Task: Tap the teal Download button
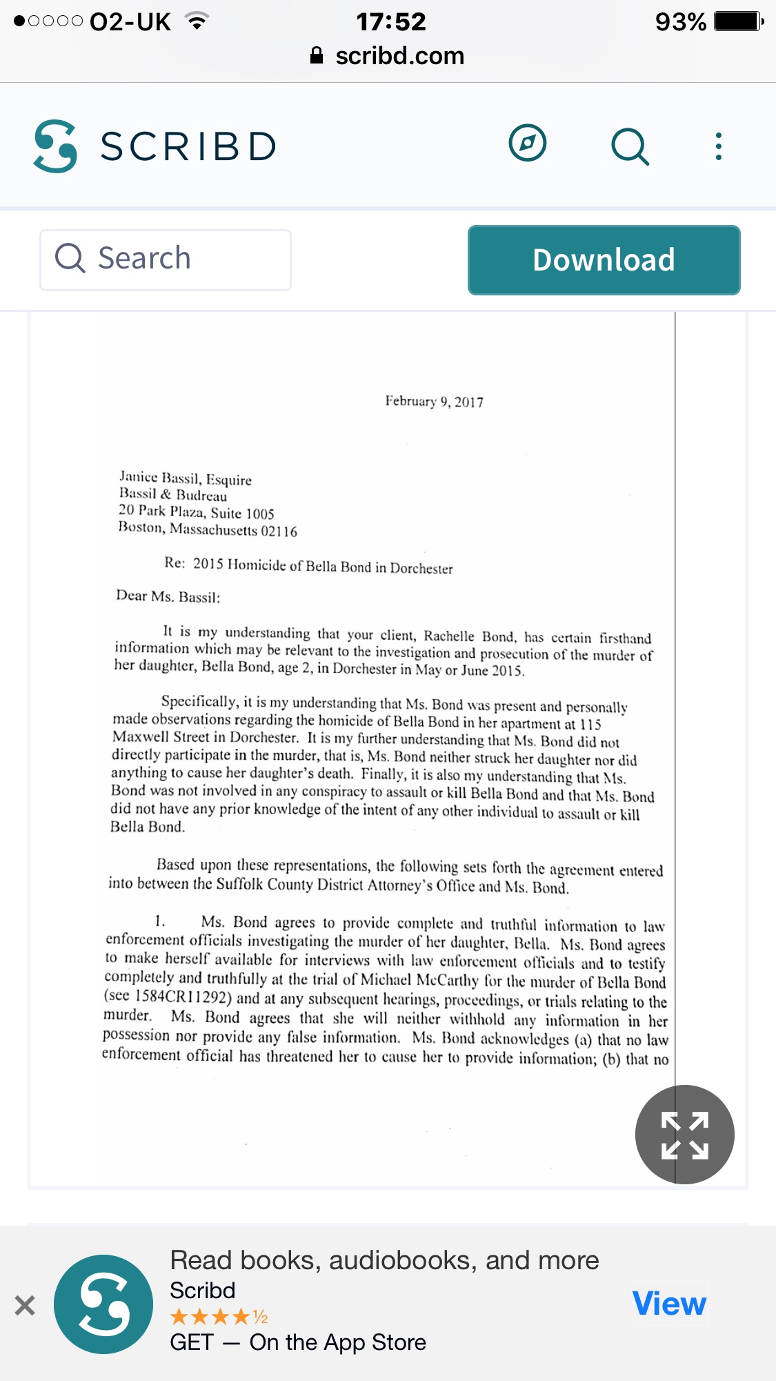pos(604,260)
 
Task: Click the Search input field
pos(166,259)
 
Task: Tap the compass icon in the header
pos(528,144)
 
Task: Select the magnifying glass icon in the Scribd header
pos(630,146)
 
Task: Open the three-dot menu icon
pos(719,146)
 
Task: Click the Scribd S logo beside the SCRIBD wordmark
pos(55,146)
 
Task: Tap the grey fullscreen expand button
pos(684,1135)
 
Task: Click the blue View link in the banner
pos(669,1304)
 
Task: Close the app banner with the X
pos(25,1305)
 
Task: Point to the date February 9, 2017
pos(434,402)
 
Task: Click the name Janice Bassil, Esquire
pos(186,478)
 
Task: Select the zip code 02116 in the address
pos(279,531)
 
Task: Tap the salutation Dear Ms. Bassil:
pos(168,596)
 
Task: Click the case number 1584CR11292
pos(183,997)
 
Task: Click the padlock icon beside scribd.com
pos(317,56)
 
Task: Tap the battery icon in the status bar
pos(738,22)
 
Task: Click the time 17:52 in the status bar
pos(391,22)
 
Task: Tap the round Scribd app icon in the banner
pos(103,1304)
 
